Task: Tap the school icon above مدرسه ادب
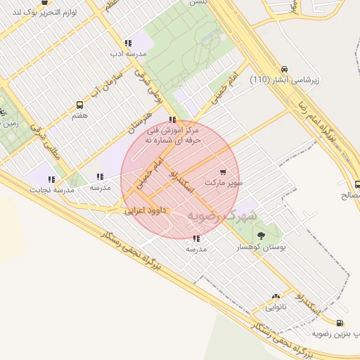(127, 43)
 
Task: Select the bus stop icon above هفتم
(79, 105)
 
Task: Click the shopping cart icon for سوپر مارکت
(224, 172)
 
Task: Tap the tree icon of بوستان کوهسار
(262, 236)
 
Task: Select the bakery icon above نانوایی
(276, 297)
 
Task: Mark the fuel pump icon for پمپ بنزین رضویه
(340, 323)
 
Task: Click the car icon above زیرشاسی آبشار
(283, 70)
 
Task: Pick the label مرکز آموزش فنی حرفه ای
(173, 135)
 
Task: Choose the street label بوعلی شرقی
(153, 82)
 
